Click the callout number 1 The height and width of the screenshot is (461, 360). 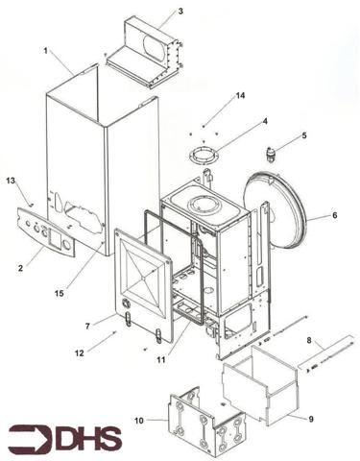[45, 51]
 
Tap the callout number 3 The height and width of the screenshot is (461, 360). [180, 12]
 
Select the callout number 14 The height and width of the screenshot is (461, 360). [240, 95]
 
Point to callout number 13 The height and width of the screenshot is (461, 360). [11, 181]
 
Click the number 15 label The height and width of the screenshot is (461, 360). [60, 293]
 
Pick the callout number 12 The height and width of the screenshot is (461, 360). [79, 352]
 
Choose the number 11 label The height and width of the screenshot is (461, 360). [161, 360]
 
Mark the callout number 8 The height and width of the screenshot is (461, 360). [309, 340]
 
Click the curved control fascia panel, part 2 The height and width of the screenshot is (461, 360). [46, 233]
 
